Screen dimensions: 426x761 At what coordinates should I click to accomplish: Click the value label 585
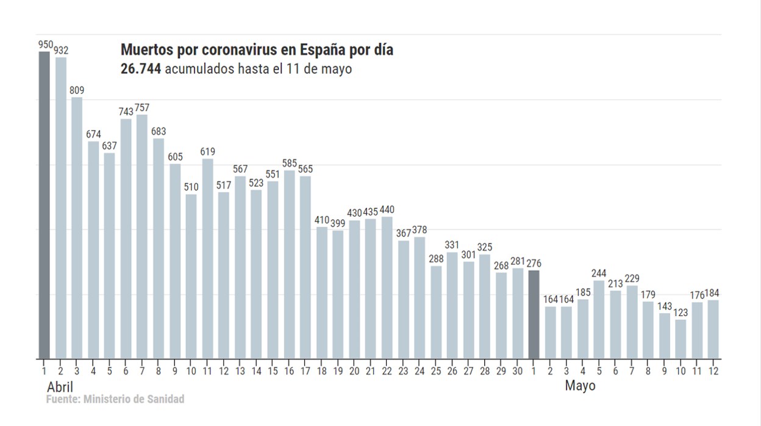point(289,163)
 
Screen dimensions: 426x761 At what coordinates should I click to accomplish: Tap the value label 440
point(387,210)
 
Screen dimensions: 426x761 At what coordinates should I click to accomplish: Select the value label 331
point(452,245)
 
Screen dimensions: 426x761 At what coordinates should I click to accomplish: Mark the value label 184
point(713,294)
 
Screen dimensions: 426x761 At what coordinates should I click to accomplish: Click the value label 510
point(191,187)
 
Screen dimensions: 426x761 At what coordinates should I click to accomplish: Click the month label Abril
point(60,388)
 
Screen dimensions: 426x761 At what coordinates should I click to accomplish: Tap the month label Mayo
point(580,386)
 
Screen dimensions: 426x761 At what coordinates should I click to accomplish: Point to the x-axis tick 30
point(517,370)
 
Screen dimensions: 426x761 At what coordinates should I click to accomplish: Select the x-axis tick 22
point(387,370)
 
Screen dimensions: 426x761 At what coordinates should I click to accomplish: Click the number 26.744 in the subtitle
point(141,69)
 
